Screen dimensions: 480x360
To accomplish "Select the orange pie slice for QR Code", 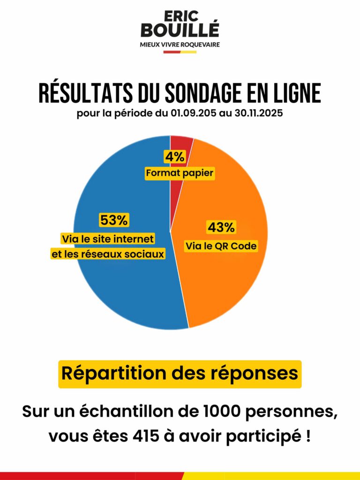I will [230, 281].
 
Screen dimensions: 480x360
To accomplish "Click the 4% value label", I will [174, 157].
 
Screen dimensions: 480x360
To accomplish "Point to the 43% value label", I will [221, 228].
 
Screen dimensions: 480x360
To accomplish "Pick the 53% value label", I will [113, 220].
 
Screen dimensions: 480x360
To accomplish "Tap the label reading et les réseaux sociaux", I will [107, 255].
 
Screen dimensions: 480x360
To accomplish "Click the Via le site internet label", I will [108, 239].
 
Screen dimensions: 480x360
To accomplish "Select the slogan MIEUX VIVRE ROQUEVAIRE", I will [180, 45].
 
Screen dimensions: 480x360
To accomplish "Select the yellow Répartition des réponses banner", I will [180, 374].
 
